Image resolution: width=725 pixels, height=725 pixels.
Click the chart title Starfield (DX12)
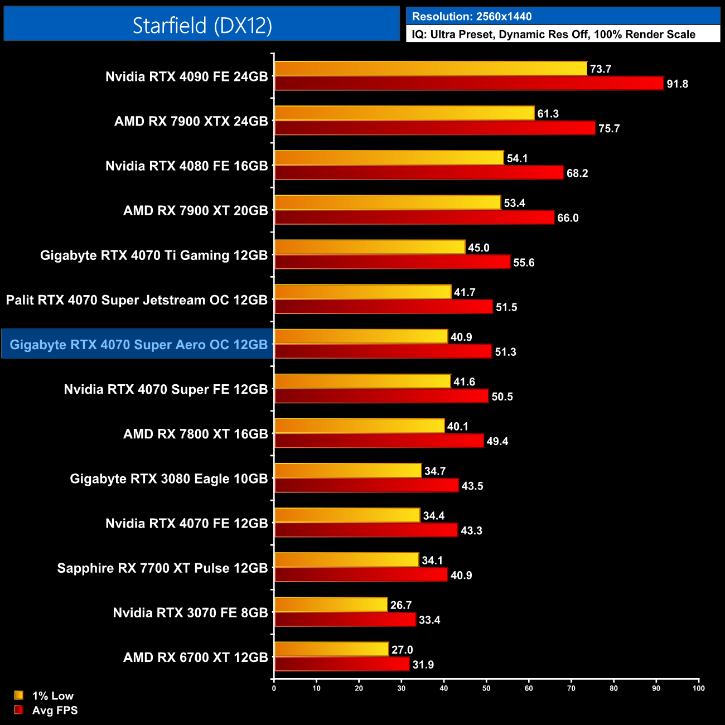[202, 25]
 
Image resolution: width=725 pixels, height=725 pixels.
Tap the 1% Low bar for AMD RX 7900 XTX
[404, 113]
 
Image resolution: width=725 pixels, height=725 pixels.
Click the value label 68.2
[577, 173]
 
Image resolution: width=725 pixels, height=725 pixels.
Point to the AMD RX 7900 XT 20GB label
[196, 211]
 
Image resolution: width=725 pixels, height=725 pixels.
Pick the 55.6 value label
[524, 263]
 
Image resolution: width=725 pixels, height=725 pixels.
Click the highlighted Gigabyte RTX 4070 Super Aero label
[139, 345]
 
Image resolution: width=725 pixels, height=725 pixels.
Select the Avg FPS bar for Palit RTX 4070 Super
[384, 307]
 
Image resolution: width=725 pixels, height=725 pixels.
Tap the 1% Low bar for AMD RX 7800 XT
[360, 426]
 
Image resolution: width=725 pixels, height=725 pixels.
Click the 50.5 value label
[502, 397]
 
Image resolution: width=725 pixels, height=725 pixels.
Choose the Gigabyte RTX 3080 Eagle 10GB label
[169, 479]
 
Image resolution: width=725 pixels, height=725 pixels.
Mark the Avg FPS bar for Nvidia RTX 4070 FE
[366, 530]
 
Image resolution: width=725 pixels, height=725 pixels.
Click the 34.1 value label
[432, 560]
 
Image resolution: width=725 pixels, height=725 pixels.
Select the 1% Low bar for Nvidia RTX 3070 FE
[331, 605]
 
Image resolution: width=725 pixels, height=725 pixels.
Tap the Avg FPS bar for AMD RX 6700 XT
[342, 664]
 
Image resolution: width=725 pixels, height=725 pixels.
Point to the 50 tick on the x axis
[486, 688]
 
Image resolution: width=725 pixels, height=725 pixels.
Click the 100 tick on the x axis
[698, 688]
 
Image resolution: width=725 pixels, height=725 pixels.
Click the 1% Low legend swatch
[19, 695]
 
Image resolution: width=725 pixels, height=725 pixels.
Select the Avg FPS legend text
[55, 710]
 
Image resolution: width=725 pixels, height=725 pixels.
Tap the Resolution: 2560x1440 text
[472, 17]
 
